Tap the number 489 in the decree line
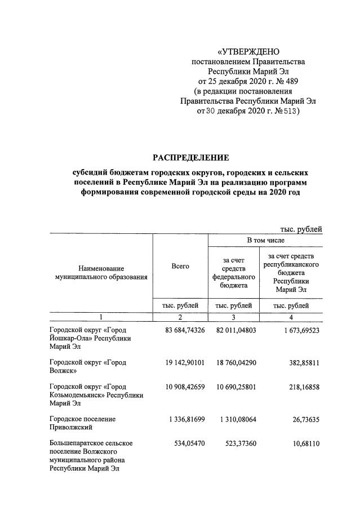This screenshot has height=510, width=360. click(290, 81)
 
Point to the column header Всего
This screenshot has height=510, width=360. click(180, 266)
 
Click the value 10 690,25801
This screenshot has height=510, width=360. click(235, 387)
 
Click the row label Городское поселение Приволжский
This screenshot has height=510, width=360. click(82, 424)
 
